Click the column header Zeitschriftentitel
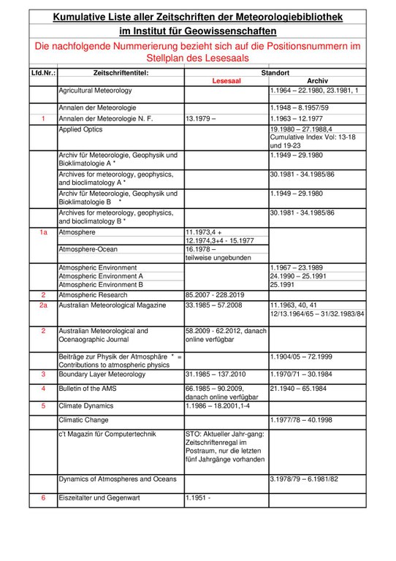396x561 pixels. pos(121,73)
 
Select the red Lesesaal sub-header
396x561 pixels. pos(226,82)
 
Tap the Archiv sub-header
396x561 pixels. pos(318,82)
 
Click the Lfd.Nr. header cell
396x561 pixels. pos(44,73)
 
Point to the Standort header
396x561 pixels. pos(275,73)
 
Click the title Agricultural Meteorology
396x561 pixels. pos(96,91)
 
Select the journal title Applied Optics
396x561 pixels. pos(80,129)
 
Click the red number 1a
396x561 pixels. pos(43,232)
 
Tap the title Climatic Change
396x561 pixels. pos(83,420)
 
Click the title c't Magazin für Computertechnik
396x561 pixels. pos(107,434)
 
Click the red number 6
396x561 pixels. pos(43,497)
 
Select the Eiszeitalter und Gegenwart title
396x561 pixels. pos(99,497)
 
